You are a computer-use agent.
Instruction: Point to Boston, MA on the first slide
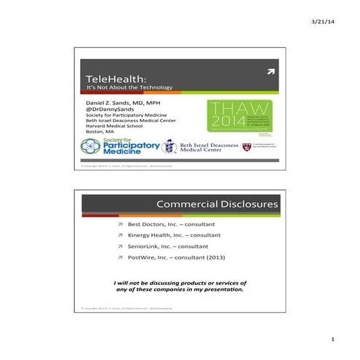(100, 132)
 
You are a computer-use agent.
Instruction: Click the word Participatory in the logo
(132, 145)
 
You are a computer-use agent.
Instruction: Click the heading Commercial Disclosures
(217, 204)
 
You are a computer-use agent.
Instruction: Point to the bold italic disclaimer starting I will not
(180, 286)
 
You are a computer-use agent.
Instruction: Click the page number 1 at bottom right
(332, 340)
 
